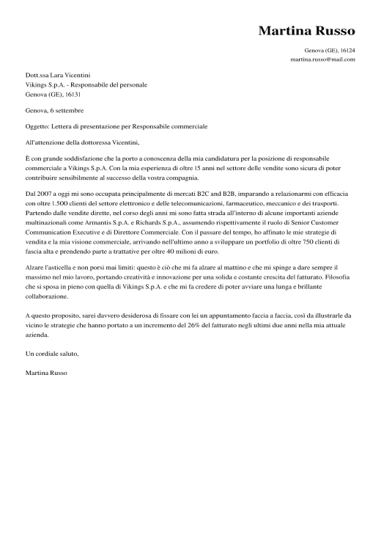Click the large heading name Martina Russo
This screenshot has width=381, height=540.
306,31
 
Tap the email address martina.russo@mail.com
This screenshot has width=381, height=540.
322,59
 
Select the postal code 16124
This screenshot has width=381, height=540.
345,51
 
